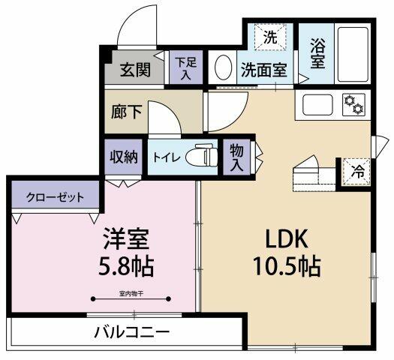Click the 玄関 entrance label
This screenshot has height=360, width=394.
click(x=135, y=70)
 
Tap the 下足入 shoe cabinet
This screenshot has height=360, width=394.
click(x=186, y=67)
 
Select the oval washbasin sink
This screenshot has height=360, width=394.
click(x=223, y=67)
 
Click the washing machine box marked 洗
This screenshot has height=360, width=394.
click(x=270, y=37)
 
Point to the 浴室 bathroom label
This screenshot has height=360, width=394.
click(x=317, y=53)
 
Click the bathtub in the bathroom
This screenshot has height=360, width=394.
click(x=353, y=54)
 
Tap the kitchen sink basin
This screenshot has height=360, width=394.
click(x=317, y=105)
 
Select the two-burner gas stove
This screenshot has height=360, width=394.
click(x=353, y=104)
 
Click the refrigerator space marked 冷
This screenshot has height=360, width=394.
click(x=356, y=172)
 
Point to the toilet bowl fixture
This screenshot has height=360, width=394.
click(x=202, y=156)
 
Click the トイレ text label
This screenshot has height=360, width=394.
click(x=167, y=158)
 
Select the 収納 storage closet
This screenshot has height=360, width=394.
click(x=124, y=157)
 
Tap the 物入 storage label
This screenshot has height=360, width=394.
click(x=236, y=158)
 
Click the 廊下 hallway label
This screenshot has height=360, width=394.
click(x=127, y=112)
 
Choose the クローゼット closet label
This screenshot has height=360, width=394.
click(x=55, y=197)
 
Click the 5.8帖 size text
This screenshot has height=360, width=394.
click(x=126, y=266)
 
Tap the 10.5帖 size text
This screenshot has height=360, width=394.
click(x=287, y=266)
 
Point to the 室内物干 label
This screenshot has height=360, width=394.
click(x=131, y=293)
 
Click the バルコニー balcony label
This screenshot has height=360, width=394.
click(x=132, y=332)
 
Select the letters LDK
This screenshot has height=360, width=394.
click(x=287, y=239)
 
